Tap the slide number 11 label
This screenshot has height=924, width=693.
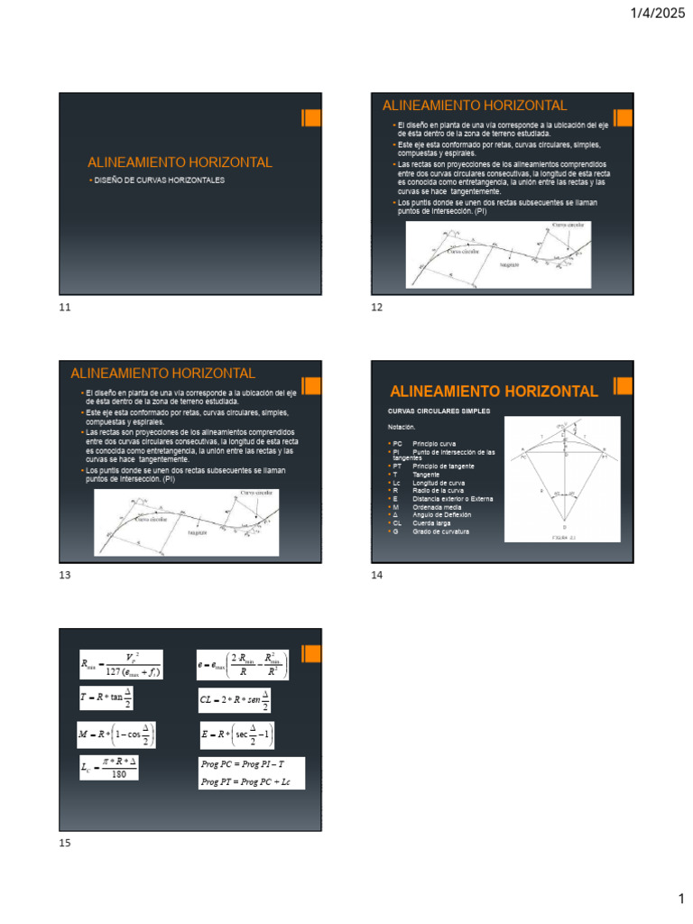point(64,308)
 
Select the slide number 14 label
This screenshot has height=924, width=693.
point(377,576)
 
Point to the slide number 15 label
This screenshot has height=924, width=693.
point(64,843)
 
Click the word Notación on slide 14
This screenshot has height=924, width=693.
point(402,426)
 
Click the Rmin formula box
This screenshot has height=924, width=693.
point(120,666)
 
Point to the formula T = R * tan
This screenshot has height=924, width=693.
point(106,699)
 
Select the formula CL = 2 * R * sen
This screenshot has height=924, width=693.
point(235,699)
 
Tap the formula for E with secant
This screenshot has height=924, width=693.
point(236,734)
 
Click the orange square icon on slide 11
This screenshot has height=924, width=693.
point(310,118)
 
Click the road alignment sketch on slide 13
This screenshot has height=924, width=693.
point(187,523)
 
